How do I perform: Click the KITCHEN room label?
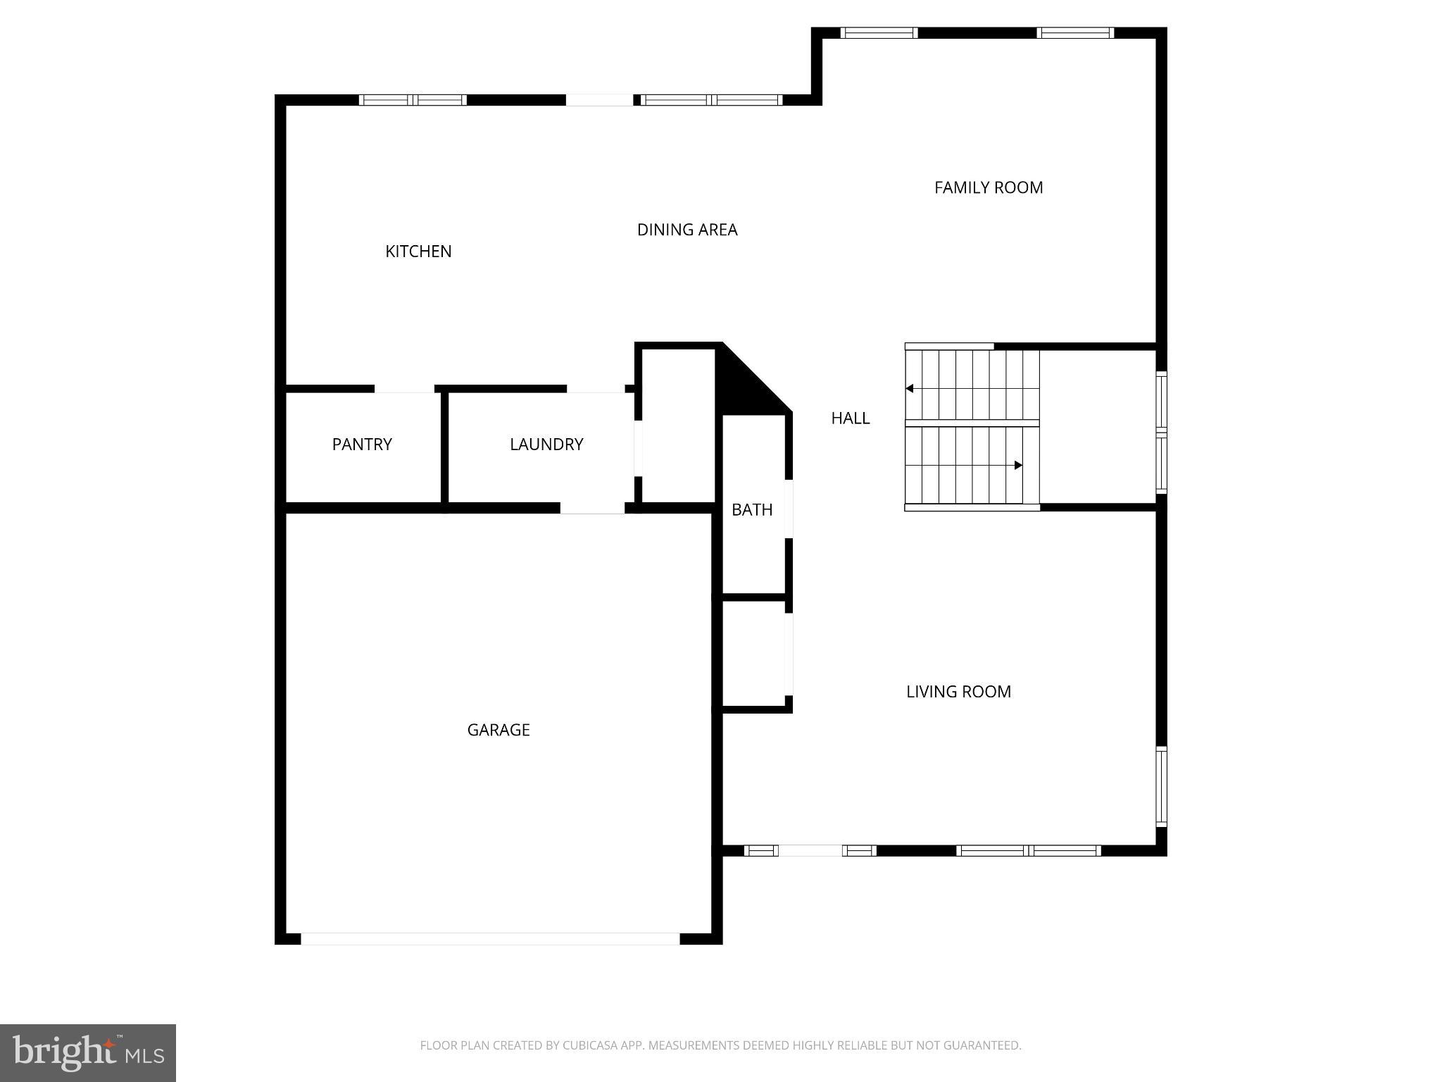(418, 251)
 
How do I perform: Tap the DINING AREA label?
(686, 230)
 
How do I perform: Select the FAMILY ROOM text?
(988, 187)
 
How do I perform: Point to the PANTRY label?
(362, 444)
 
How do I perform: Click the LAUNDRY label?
(546, 444)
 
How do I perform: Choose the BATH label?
(751, 510)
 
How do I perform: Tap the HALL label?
(850, 418)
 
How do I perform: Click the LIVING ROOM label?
(958, 692)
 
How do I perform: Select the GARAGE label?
(499, 730)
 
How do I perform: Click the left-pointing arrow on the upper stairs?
(910, 388)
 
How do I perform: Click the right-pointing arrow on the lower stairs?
(1018, 465)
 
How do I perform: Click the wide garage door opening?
(490, 938)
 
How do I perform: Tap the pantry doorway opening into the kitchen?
(404, 389)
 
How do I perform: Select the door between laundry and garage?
(592, 508)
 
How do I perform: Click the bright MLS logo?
(87, 1052)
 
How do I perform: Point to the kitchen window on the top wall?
(413, 100)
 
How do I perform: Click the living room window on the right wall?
(1161, 786)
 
